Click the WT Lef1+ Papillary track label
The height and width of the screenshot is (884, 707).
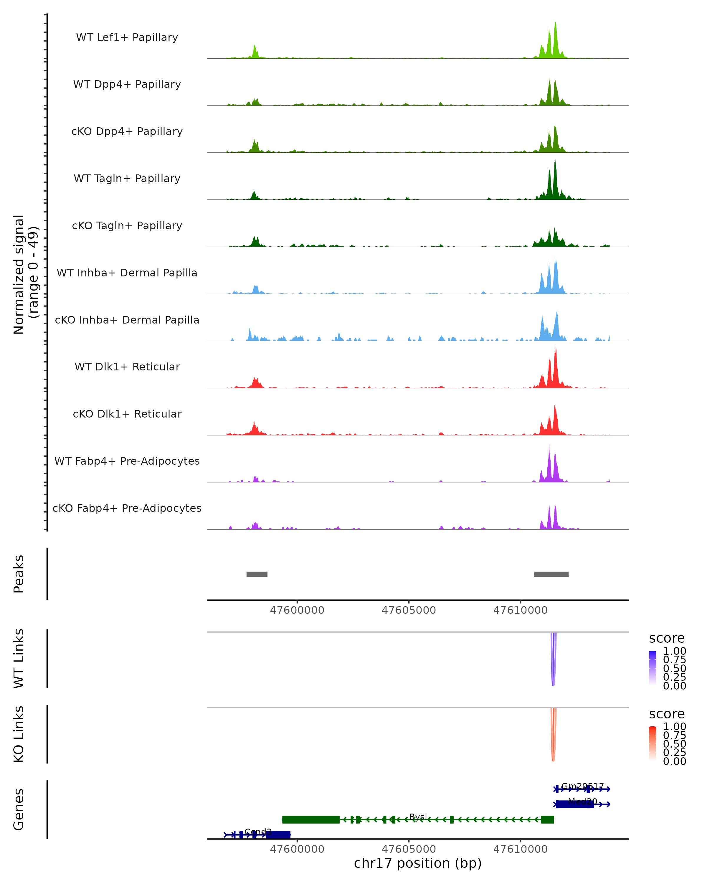(x=127, y=37)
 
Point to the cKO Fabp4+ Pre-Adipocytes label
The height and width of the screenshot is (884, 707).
(x=127, y=508)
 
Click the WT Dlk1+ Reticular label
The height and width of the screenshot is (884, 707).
(x=127, y=367)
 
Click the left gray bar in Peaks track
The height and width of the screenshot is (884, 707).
(x=257, y=574)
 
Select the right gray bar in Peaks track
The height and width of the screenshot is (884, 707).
(x=551, y=574)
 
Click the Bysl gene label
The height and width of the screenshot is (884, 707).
(x=418, y=817)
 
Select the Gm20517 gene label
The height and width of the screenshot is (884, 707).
(x=582, y=786)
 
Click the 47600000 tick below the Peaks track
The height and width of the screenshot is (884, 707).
(x=297, y=610)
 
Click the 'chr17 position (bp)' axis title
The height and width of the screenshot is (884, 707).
(x=418, y=863)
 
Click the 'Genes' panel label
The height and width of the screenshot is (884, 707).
(x=19, y=810)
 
